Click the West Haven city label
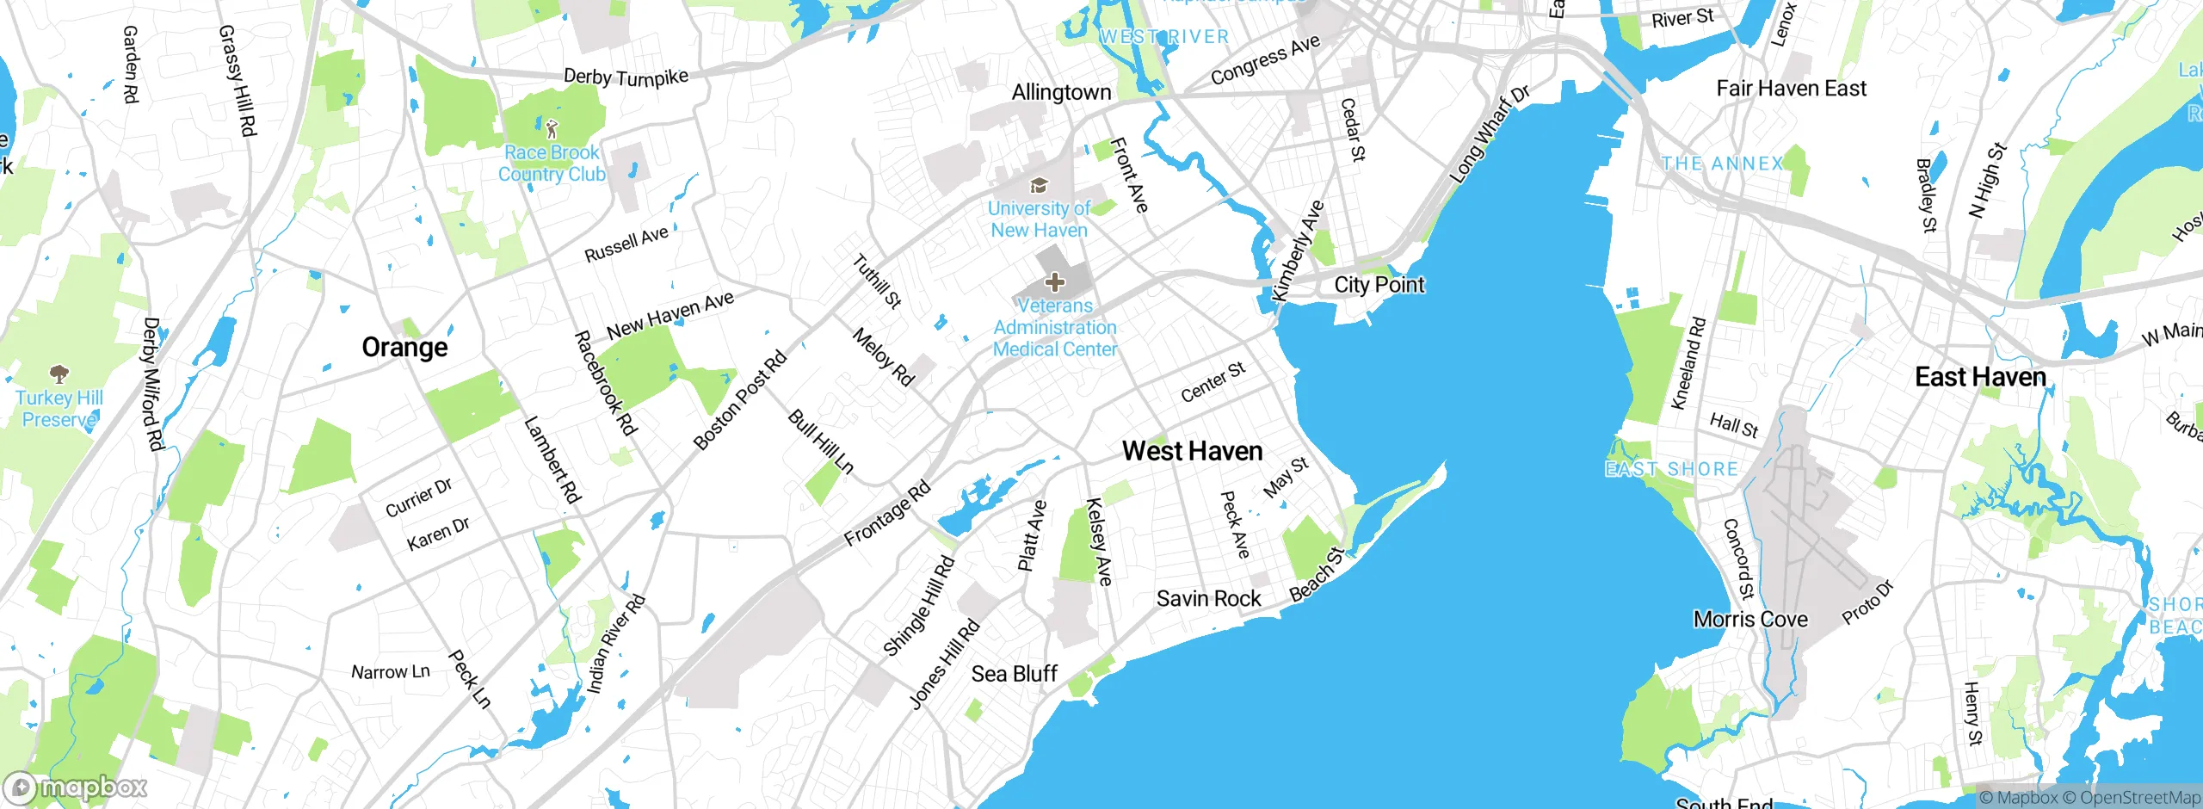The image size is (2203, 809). click(x=1192, y=451)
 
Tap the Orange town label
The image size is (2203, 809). click(x=404, y=348)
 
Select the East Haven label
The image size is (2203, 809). click(x=1980, y=377)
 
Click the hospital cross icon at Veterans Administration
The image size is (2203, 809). click(x=1055, y=282)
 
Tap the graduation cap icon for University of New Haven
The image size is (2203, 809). click(x=1039, y=186)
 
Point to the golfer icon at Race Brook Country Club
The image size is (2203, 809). click(x=552, y=130)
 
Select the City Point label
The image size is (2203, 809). click(x=1379, y=285)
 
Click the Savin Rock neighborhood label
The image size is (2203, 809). click(x=1208, y=599)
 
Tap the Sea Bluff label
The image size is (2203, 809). click(x=1014, y=674)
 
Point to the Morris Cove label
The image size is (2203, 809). click(x=1750, y=620)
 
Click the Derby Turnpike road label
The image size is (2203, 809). click(x=626, y=77)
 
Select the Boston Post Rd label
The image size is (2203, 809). click(x=740, y=400)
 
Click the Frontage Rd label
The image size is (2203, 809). click(x=887, y=514)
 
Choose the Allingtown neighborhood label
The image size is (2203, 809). click(x=1061, y=92)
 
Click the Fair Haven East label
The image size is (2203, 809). click(x=1791, y=89)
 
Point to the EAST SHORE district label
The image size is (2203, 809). click(x=1671, y=469)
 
